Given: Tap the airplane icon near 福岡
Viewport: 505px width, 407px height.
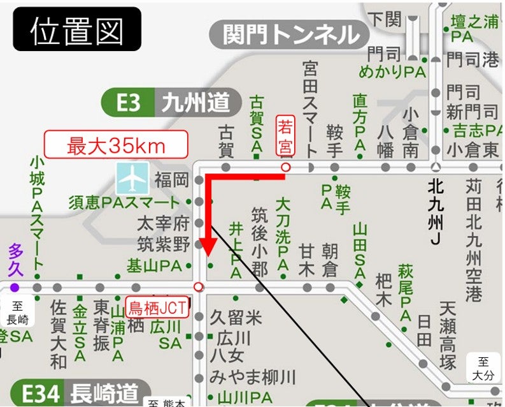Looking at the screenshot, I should pyautogui.click(x=132, y=178).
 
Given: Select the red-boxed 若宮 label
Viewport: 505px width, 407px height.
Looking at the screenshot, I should pyautogui.click(x=285, y=136).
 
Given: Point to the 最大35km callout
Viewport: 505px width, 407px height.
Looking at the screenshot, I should pyautogui.click(x=116, y=145).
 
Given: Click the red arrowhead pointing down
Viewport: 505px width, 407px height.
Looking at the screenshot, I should pyautogui.click(x=208, y=249).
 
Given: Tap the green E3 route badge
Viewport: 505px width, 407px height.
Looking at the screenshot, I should pyautogui.click(x=128, y=102).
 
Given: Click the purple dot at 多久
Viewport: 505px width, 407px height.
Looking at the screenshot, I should pyautogui.click(x=15, y=288).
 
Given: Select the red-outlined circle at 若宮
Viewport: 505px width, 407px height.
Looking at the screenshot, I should pyautogui.click(x=286, y=167).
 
